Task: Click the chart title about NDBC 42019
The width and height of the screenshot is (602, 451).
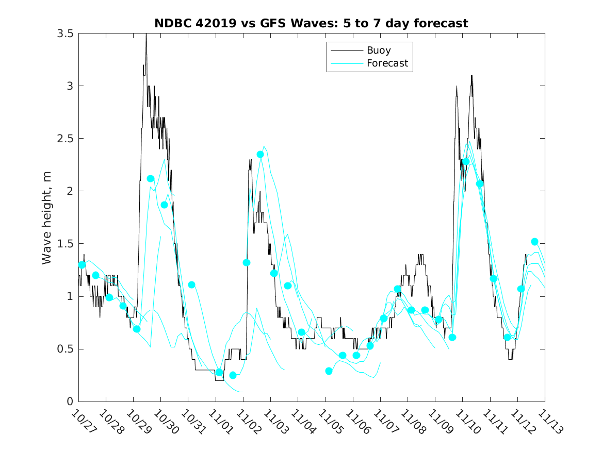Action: click(311, 24)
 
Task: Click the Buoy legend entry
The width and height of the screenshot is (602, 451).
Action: click(378, 51)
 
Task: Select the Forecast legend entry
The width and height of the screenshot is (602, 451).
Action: click(387, 63)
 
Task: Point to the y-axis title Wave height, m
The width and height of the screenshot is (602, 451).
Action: click(47, 217)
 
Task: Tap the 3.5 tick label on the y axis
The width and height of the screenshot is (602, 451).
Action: click(66, 34)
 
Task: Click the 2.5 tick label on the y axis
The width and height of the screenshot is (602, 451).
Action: click(66, 139)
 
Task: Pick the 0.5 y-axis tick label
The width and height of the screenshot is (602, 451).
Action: click(66, 349)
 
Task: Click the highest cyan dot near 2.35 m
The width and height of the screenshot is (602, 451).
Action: click(261, 154)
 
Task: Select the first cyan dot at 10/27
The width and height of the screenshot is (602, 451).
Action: click(82, 265)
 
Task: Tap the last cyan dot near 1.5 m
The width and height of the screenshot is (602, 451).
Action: click(535, 242)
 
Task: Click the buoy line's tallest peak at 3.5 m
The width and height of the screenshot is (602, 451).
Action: click(146, 35)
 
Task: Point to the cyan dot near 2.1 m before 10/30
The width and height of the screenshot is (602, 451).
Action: click(151, 179)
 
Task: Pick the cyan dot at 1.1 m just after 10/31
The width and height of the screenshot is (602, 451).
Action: click(191, 285)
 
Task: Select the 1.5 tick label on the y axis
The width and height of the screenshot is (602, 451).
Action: click(66, 244)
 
